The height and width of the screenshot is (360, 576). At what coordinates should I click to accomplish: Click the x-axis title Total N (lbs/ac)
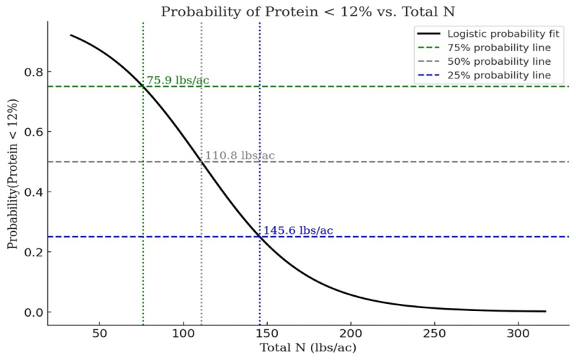click(307, 348)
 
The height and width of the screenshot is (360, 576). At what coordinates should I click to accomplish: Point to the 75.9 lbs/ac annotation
click(178, 80)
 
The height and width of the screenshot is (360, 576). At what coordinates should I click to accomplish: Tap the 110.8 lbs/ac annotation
click(240, 156)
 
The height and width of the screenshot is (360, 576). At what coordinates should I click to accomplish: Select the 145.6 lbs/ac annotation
click(298, 230)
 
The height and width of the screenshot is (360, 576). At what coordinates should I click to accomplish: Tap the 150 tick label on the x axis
click(267, 333)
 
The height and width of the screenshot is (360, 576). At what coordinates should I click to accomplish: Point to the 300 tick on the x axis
click(518, 333)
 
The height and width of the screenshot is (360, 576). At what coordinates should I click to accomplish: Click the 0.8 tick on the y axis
click(32, 72)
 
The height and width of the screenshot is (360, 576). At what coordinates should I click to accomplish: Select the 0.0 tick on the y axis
click(32, 312)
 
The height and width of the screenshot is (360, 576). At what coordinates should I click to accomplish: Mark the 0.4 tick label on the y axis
click(32, 192)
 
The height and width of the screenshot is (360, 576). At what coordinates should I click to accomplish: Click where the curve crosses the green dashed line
click(143, 86)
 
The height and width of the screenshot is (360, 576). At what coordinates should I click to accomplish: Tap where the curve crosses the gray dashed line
click(202, 162)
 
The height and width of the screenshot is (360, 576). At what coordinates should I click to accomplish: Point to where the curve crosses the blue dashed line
click(260, 237)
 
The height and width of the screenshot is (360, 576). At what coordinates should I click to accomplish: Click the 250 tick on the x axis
click(435, 333)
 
